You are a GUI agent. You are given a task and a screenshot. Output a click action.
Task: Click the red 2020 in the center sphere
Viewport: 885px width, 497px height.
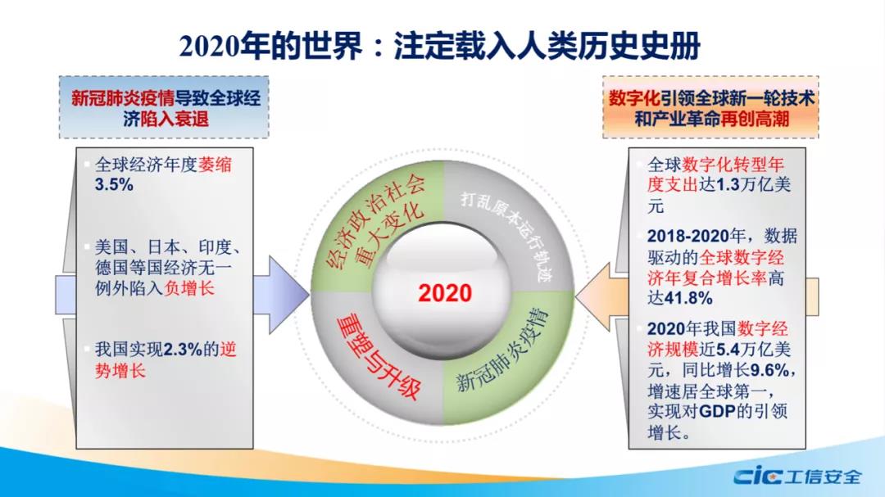click(445, 293)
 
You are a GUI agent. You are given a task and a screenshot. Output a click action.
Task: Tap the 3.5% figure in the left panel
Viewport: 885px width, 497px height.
click(114, 184)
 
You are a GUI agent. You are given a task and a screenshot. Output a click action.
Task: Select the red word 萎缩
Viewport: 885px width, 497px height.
click(215, 164)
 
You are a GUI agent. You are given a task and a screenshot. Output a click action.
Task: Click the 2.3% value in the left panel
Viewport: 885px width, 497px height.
click(183, 350)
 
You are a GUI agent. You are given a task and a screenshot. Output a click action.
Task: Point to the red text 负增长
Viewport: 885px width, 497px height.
click(189, 288)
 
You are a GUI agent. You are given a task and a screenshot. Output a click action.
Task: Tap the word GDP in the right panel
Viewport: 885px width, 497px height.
click(717, 411)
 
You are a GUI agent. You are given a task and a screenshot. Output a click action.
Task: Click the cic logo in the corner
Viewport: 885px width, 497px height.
click(757, 477)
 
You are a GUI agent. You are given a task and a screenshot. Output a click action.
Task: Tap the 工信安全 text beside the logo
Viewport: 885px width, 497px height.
click(823, 477)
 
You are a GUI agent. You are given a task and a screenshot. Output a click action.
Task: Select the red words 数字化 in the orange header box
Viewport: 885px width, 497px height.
click(633, 99)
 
